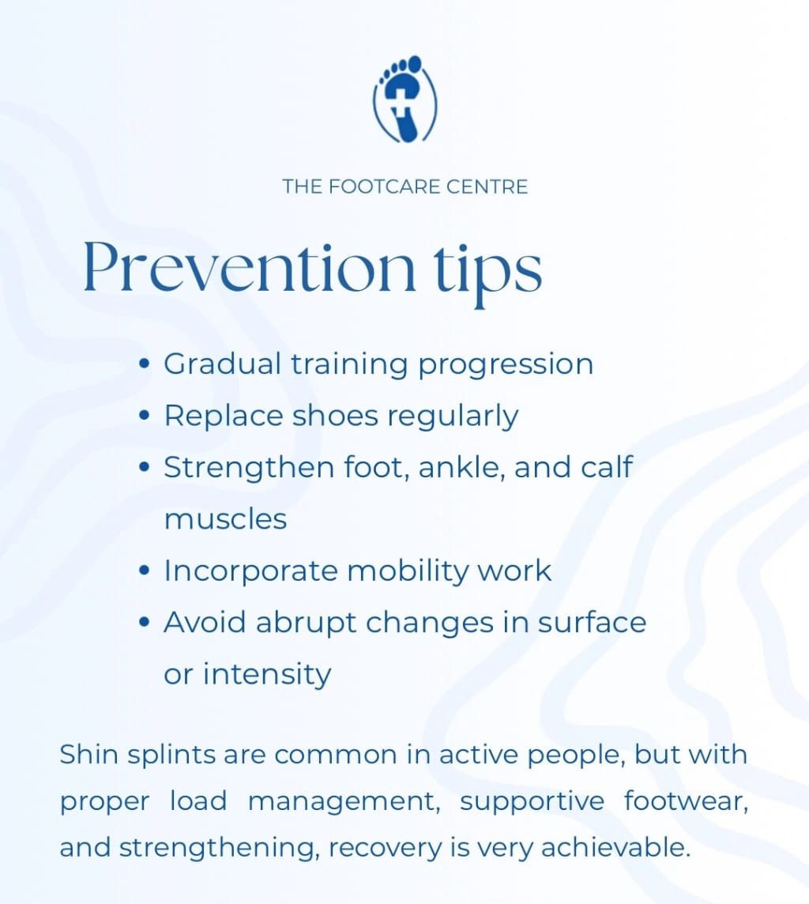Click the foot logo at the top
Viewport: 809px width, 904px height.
pos(404,100)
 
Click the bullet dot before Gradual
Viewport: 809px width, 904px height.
pos(144,365)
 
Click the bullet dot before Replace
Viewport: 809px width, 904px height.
pos(144,416)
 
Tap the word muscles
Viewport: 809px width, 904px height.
pos(225,519)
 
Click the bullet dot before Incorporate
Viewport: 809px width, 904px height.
pos(144,571)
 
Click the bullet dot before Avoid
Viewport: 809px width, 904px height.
pos(144,623)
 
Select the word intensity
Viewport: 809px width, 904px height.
pos(267,675)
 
